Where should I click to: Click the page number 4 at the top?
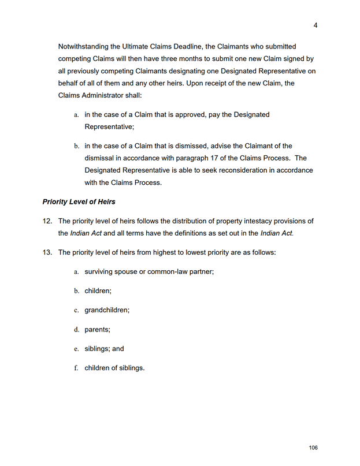coord(316,25)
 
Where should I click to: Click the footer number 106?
coord(313,448)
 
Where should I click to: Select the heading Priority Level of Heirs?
coord(79,202)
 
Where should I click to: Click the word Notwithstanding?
coord(86,46)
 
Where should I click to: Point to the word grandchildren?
coord(107,310)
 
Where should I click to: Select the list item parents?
coord(97,329)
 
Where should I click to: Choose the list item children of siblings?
coord(114,368)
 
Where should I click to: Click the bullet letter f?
coord(76,368)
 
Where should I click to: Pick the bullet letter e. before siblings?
coord(76,349)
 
